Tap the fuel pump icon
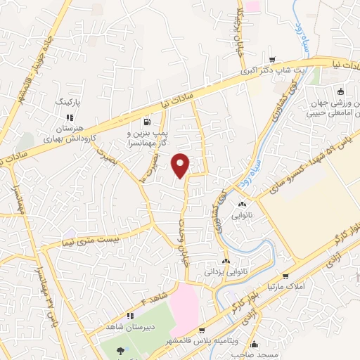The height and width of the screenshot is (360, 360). [x=146, y=120]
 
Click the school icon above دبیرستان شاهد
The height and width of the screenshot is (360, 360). [x=129, y=316]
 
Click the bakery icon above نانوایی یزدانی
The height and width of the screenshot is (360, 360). [x=226, y=261]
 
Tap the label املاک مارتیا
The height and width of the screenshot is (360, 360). [x=281, y=287]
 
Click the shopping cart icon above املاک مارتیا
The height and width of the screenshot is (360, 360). [x=286, y=276]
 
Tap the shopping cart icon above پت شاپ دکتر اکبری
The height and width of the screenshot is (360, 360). [x=283, y=60]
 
